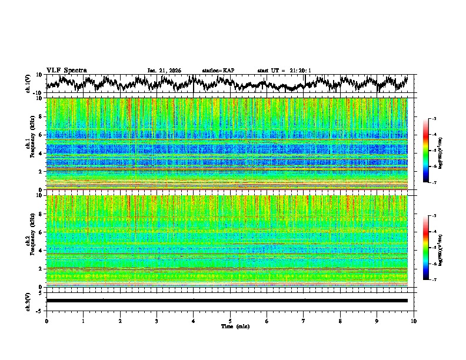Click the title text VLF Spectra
click(66, 71)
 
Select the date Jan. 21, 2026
click(164, 71)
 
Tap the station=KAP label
click(218, 71)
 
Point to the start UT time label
click(284, 71)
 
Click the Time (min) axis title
click(230, 326)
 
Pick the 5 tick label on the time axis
click(230, 321)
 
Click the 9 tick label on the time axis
click(377, 321)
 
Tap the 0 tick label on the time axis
click(46, 321)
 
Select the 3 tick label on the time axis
click(157, 321)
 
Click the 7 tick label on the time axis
click(304, 321)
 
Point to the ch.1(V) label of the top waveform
click(28, 84)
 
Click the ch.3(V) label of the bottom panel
click(28, 300)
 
